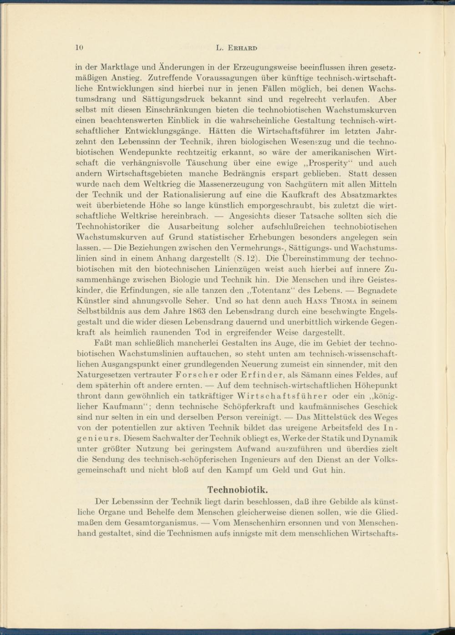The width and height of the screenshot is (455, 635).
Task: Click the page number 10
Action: (x=79, y=47)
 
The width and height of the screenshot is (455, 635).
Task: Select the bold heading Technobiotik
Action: (x=237, y=490)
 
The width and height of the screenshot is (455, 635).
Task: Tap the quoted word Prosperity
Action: (x=329, y=163)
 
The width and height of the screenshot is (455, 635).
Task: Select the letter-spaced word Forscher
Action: (x=196, y=375)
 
